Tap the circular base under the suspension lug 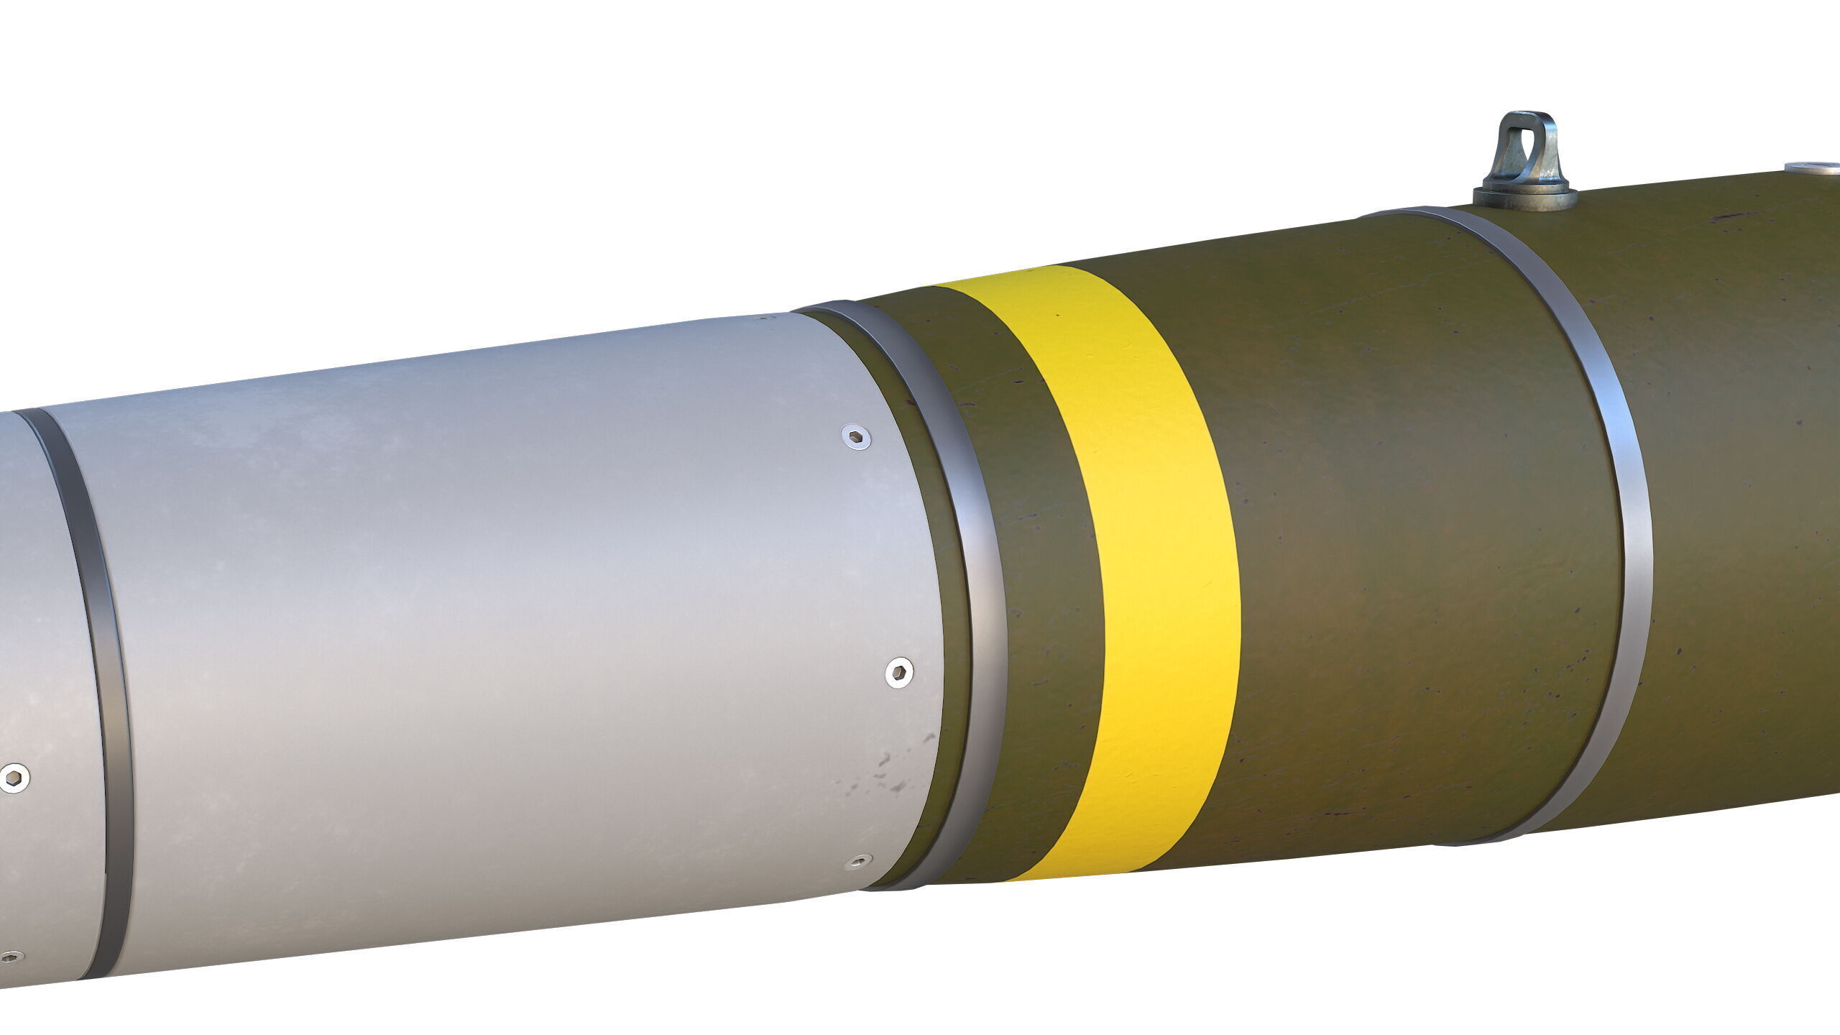(x=1524, y=198)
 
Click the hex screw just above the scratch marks (x=898, y=673)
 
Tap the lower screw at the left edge (x=10, y=957)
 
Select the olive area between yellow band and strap (x=1402, y=539)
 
